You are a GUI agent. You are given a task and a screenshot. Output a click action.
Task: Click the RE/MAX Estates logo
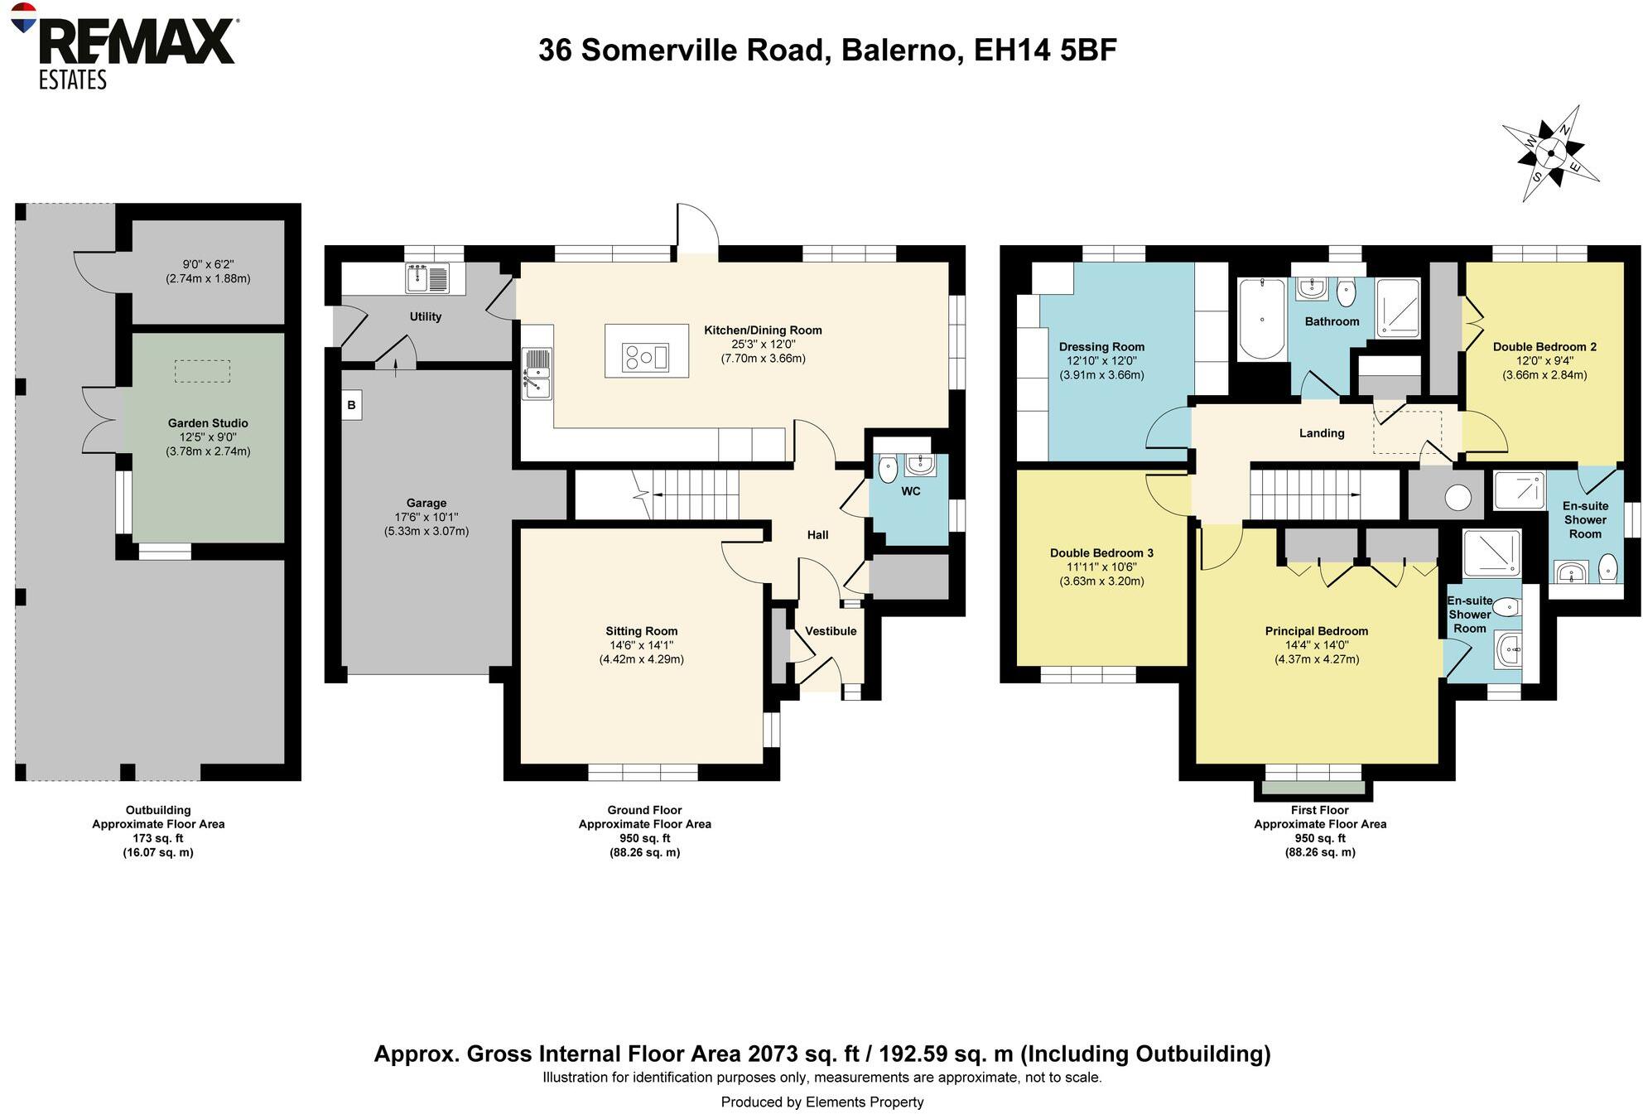click(124, 46)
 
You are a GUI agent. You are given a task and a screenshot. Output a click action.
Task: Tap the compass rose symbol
click(1551, 153)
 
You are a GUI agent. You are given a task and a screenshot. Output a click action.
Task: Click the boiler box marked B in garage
click(351, 405)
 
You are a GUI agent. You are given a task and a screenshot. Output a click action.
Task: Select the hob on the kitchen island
click(646, 357)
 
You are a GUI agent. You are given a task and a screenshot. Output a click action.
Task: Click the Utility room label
click(425, 316)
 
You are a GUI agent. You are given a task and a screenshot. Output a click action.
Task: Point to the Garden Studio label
click(208, 423)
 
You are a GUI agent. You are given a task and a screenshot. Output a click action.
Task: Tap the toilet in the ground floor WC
click(887, 469)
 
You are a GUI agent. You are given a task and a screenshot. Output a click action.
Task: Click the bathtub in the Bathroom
click(1261, 319)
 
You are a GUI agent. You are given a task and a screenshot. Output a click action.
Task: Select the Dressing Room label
click(1101, 347)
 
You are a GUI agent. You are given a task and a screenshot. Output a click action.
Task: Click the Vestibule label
click(831, 631)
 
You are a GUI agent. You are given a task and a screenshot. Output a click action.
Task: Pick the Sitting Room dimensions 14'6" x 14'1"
click(641, 645)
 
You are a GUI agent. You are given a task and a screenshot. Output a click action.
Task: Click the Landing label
click(1322, 433)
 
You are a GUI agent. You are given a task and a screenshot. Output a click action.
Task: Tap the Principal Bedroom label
click(1317, 631)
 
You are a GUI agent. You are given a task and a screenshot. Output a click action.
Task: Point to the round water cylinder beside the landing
click(1457, 498)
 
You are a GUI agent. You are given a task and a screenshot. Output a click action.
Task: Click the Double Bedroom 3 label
click(1101, 553)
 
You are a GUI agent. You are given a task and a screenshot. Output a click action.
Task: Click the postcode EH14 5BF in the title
click(1045, 50)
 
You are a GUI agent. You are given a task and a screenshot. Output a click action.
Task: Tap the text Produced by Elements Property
click(821, 1102)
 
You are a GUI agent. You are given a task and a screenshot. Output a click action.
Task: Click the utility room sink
click(417, 278)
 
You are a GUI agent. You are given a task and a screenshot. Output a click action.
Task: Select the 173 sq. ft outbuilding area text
click(157, 838)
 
